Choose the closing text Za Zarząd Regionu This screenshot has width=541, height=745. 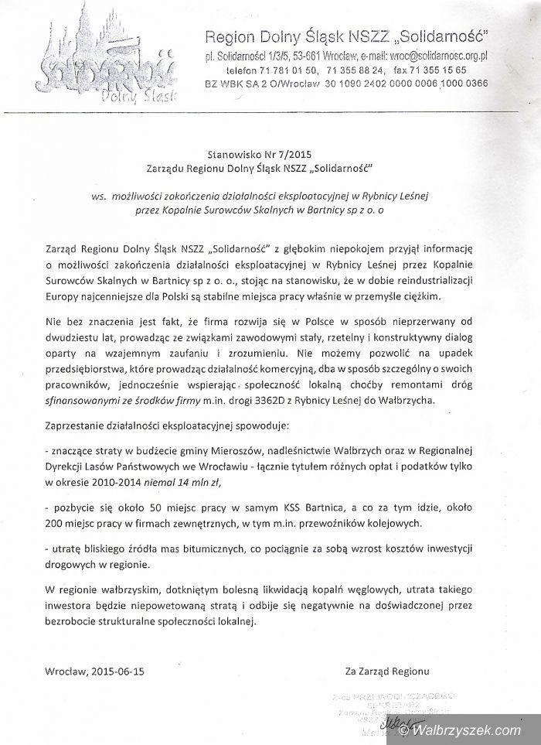point(387,671)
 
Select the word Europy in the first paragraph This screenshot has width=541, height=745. point(63,296)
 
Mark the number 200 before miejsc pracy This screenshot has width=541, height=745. point(56,522)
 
